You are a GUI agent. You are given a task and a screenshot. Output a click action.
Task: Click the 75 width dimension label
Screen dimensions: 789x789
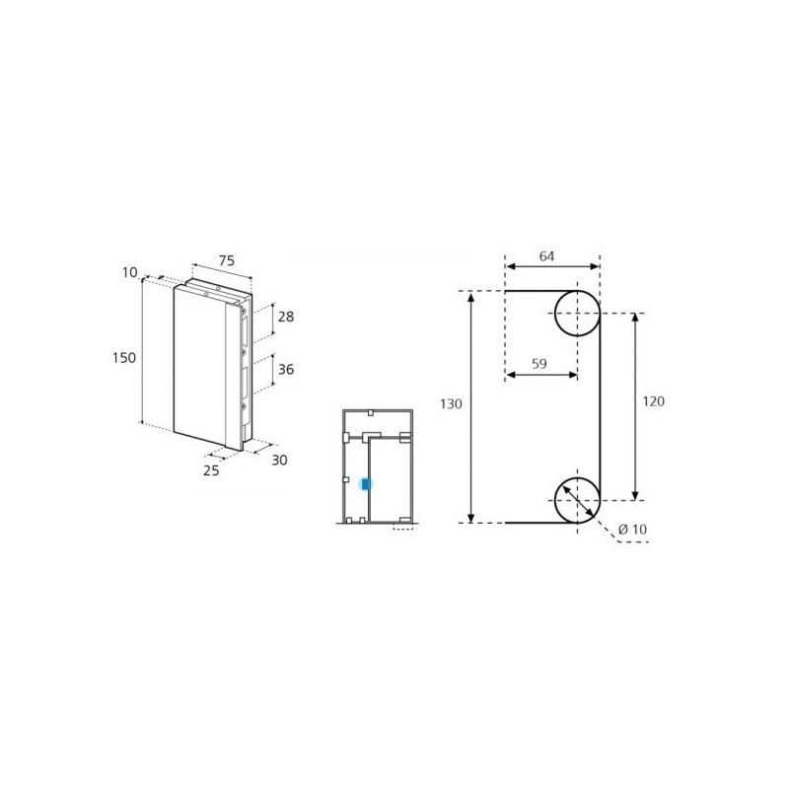(x=227, y=260)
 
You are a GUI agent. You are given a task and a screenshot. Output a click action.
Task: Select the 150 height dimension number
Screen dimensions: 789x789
(x=124, y=358)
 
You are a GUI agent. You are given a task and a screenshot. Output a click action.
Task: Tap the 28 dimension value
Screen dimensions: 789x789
(x=286, y=317)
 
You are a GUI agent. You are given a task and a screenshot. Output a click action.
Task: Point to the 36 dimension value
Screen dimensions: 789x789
(x=286, y=369)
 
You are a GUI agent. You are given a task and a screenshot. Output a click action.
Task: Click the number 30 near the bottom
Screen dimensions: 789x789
(x=279, y=460)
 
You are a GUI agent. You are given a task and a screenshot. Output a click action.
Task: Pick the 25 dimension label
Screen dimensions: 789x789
(x=211, y=470)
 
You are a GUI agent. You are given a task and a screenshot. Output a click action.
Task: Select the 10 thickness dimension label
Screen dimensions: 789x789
(x=130, y=272)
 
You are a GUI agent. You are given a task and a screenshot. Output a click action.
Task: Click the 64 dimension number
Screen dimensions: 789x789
(x=547, y=256)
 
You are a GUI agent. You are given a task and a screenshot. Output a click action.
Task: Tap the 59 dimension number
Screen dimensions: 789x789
(x=538, y=363)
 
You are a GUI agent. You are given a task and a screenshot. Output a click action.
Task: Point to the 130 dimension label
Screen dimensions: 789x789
(x=451, y=404)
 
